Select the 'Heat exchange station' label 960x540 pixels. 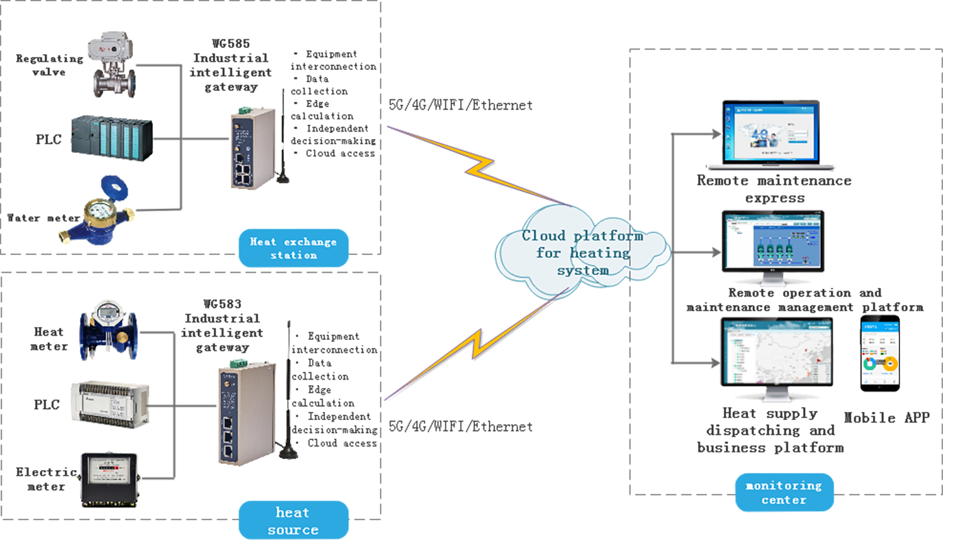click(x=293, y=248)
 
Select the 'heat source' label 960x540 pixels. click(x=293, y=520)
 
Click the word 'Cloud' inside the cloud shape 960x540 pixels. click(x=539, y=236)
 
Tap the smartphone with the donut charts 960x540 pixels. click(x=880, y=353)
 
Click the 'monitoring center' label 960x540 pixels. click(x=783, y=492)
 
